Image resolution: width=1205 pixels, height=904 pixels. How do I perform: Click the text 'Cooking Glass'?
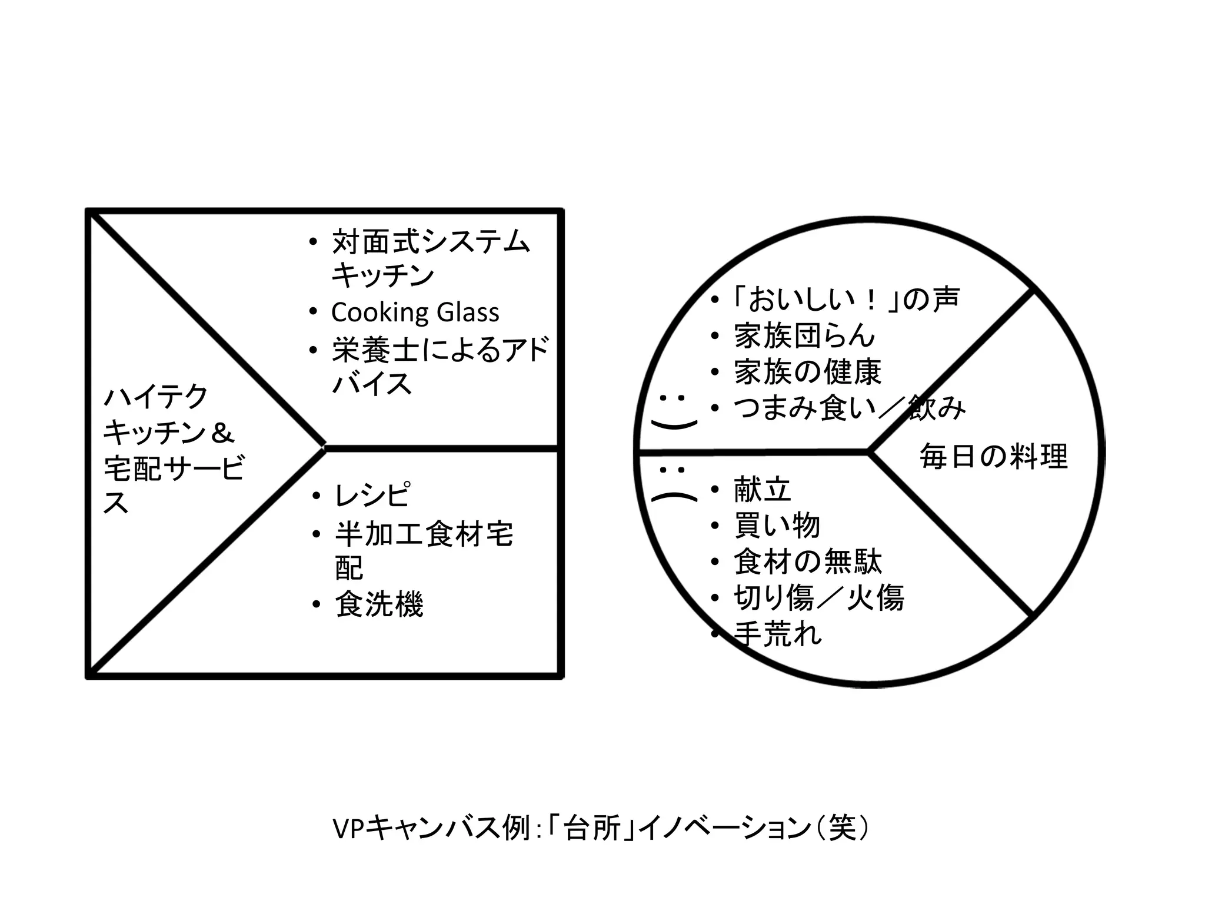pos(415,313)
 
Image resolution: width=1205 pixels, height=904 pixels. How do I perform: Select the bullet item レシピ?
pos(372,496)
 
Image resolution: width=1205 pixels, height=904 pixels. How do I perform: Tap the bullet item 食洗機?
pos(379,604)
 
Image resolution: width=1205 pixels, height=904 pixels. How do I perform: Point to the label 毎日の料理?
pos(993,457)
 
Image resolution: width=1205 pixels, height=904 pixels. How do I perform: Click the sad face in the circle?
pos(673,486)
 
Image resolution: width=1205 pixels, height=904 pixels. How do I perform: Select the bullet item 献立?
pos(763,490)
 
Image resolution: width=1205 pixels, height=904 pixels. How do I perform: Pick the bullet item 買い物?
pos(777,526)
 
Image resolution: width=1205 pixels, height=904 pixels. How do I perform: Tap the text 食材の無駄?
pos(808,561)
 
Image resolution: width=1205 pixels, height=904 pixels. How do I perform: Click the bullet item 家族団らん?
pos(804,336)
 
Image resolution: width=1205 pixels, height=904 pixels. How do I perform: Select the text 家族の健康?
pos(808,372)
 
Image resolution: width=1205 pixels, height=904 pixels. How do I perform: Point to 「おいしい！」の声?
pos(846,299)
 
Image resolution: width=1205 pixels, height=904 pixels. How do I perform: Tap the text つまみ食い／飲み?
pos(850,408)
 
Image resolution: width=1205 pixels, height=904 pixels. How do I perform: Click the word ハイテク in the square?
pos(156,397)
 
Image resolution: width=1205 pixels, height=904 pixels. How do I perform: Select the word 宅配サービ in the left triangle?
pos(174,469)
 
